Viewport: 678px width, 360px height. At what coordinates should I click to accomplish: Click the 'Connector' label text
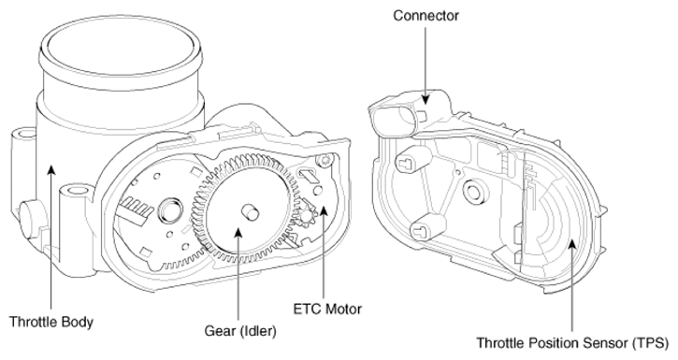426,16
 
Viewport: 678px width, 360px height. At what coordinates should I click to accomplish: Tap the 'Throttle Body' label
51,322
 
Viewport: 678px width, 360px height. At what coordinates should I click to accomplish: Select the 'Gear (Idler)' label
240,331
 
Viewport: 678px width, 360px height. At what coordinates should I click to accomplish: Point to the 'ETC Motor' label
327,309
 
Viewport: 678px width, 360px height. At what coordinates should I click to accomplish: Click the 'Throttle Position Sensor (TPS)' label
572,343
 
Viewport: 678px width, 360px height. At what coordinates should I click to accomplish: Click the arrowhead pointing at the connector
426,98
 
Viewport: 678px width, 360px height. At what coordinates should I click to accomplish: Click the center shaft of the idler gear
250,212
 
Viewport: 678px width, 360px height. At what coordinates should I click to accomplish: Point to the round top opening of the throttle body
121,48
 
